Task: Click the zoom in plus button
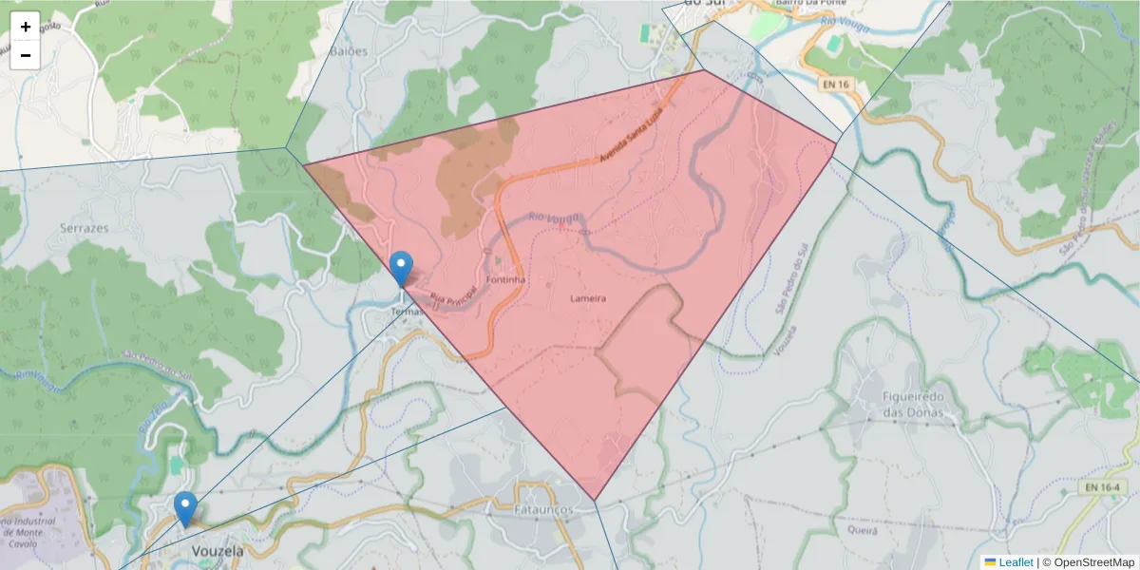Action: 26,27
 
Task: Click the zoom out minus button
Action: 26,55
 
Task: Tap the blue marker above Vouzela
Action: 186,508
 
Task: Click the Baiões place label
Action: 348,50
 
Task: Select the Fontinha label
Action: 505,281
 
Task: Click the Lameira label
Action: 588,298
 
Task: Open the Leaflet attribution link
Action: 1015,562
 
